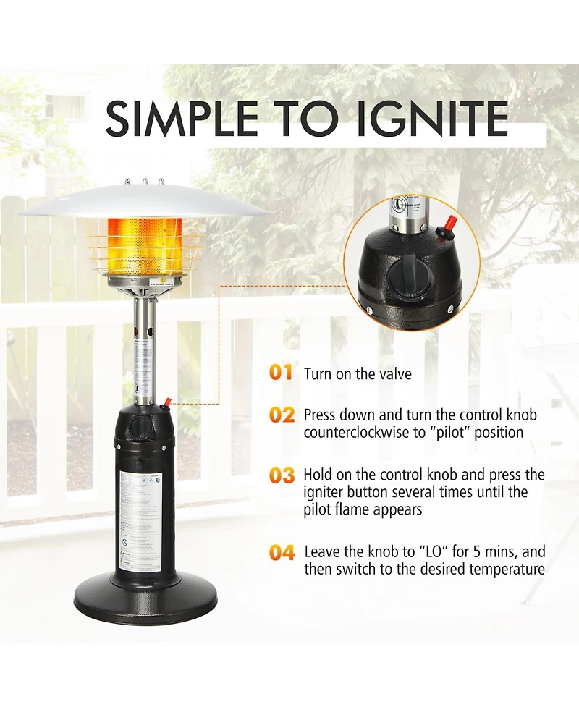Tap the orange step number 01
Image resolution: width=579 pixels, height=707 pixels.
pos(281,373)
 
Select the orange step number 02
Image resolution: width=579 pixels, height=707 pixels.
pos(282,415)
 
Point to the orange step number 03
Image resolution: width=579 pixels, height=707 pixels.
pos(282,475)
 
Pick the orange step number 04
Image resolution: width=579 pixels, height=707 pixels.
pos(282,553)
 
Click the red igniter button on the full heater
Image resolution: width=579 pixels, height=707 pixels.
pos(167,400)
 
